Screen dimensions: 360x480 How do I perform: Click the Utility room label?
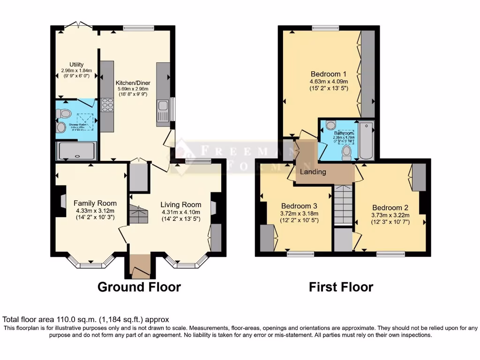coord(76,65)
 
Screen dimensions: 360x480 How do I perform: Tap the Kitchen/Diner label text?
coord(132,83)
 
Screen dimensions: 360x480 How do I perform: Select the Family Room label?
coord(95,203)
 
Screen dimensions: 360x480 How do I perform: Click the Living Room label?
coord(181,205)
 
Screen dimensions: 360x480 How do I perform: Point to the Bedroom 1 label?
coord(329,74)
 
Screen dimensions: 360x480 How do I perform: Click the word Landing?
coord(313,172)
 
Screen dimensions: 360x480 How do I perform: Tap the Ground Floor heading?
coord(139,287)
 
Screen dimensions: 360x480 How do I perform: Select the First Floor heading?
coord(341,287)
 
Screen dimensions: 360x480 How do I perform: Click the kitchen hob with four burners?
coord(107,105)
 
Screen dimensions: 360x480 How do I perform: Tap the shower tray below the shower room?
coord(76,151)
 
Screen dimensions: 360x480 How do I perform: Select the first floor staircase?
coord(344,205)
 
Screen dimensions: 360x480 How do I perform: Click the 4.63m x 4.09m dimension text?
coord(329,81)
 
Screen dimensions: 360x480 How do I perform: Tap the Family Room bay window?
coord(91,263)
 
